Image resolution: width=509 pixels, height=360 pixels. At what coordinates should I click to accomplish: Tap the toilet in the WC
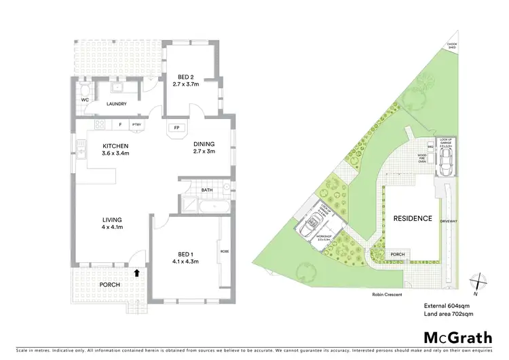(83, 90)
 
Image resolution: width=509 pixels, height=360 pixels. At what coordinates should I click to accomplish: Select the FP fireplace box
(176, 128)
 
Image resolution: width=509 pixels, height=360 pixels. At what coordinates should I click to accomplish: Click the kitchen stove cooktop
(100, 124)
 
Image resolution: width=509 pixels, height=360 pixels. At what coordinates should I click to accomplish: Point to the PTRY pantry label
(136, 125)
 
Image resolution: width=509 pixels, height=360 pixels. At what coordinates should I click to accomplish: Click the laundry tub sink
(117, 87)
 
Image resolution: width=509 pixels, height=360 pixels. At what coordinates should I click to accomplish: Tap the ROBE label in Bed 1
(225, 251)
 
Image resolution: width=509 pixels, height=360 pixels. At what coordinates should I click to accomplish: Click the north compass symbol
(480, 281)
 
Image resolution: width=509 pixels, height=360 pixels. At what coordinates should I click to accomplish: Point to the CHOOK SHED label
(452, 46)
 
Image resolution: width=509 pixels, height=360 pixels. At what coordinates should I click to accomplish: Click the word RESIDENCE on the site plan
(413, 218)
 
